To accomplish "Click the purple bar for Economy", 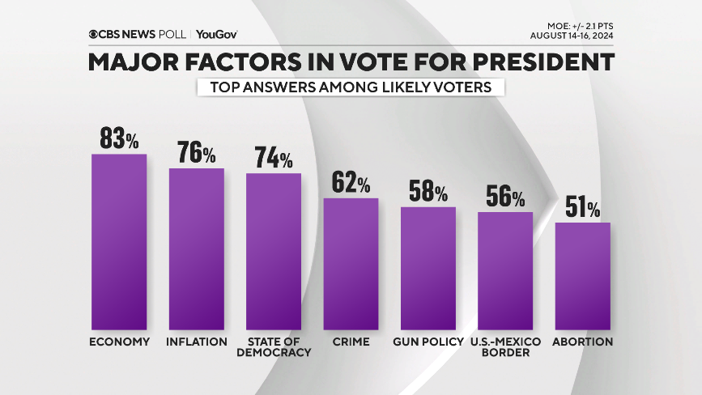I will tap(119, 241).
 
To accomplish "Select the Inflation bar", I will tap(196, 248).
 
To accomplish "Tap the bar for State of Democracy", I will tap(274, 251).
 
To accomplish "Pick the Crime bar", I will tap(351, 263).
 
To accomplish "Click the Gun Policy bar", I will tap(428, 268).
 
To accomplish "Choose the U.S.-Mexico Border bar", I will tap(505, 270).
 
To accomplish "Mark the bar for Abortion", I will tap(582, 275).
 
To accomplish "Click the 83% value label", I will tap(120, 138).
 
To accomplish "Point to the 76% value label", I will tap(197, 153).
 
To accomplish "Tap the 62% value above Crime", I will tap(351, 183).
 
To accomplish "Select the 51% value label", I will tap(582, 209).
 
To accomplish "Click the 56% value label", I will tap(505, 197).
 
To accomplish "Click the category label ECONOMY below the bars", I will tap(119, 342).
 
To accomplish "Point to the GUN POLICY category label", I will tap(428, 342).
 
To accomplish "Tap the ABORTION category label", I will tap(582, 342).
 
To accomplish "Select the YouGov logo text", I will tap(216, 35).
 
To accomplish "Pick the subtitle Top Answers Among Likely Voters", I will tap(351, 87).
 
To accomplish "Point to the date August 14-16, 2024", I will tap(572, 36).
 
